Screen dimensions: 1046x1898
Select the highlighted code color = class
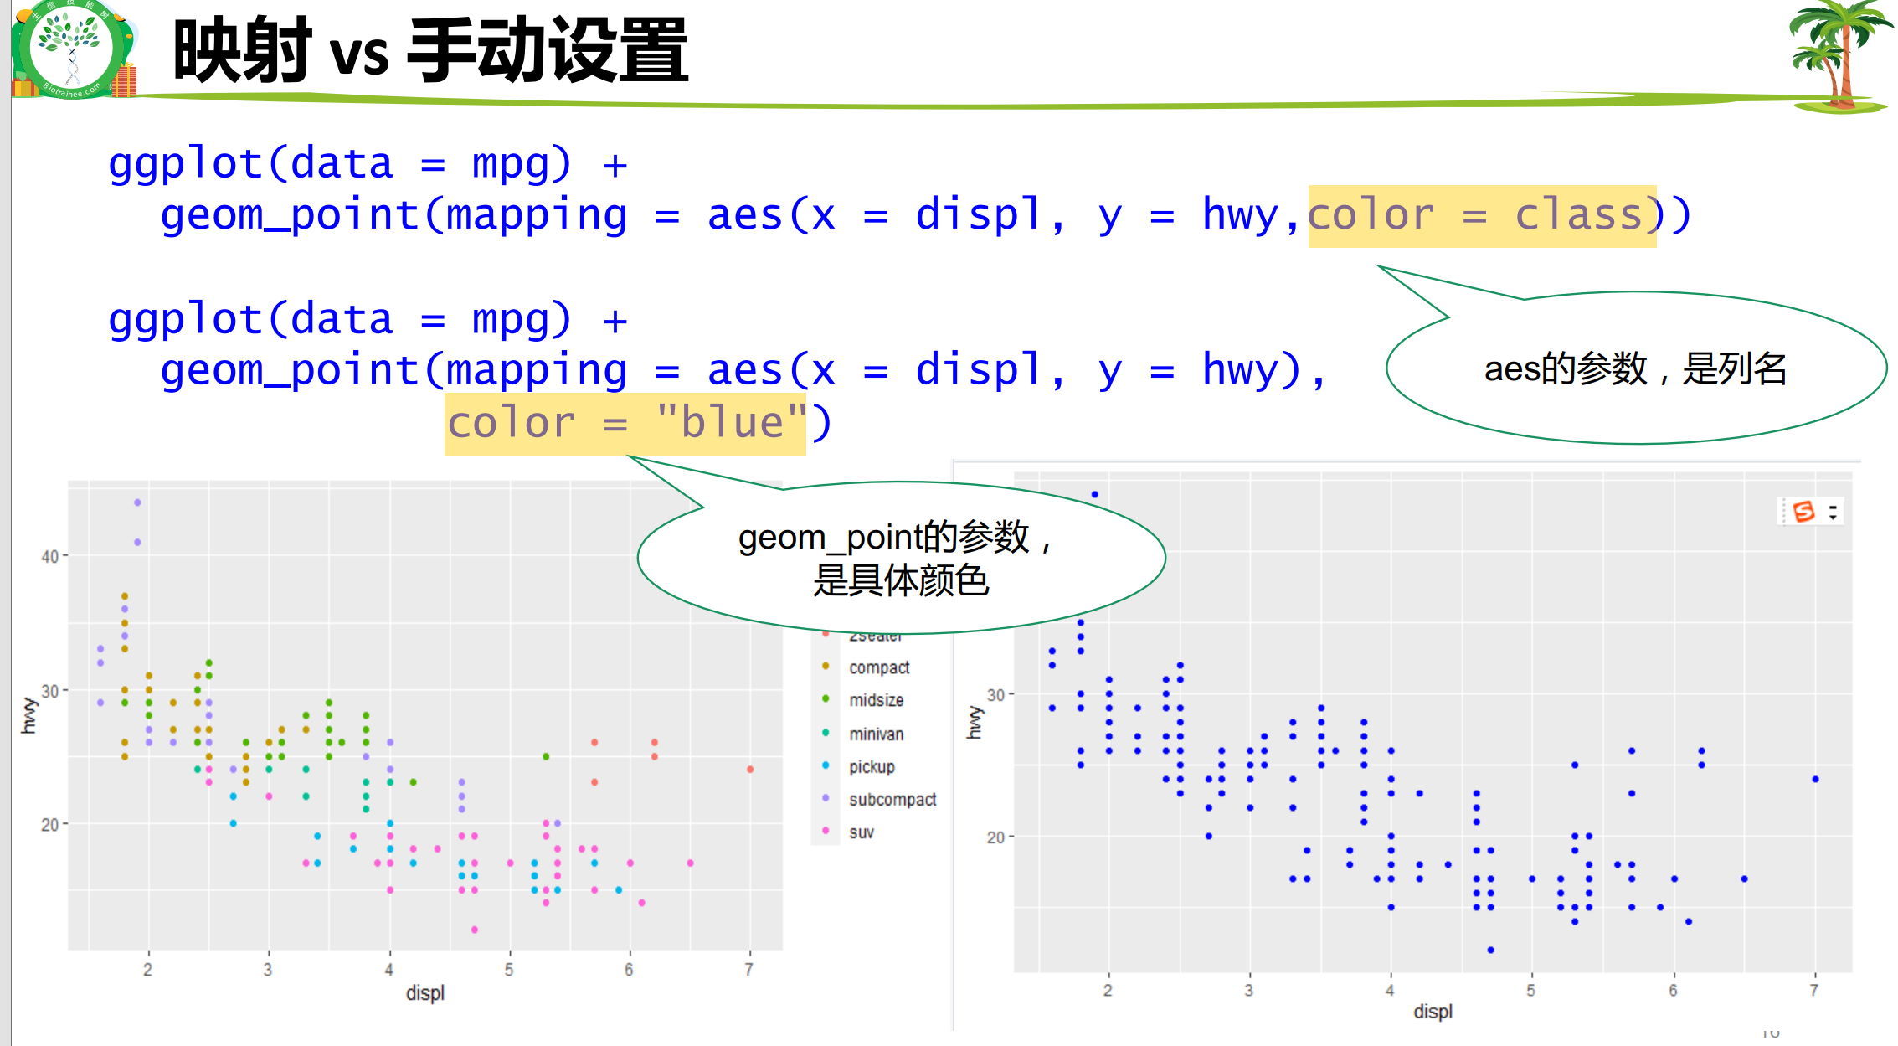tap(1481, 215)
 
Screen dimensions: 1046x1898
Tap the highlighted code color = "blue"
tap(625, 423)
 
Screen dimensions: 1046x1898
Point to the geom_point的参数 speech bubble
tap(900, 558)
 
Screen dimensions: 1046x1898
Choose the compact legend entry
tap(878, 667)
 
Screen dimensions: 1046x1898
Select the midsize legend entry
tap(876, 700)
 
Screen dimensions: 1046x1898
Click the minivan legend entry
tap(876, 734)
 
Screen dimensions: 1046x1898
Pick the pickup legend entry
tap(871, 766)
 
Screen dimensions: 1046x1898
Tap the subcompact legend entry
tap(892, 800)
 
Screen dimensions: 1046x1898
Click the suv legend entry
tap(861, 832)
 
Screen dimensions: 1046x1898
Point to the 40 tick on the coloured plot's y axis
tap(49, 556)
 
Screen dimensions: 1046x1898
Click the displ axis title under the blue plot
tap(1433, 1012)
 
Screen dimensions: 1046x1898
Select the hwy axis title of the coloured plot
tap(28, 715)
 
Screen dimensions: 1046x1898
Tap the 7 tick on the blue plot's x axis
tap(1813, 991)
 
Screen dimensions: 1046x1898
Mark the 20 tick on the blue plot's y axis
tap(995, 837)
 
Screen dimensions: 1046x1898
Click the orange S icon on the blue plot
tap(1803, 511)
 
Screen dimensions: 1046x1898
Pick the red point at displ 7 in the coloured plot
tap(750, 769)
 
